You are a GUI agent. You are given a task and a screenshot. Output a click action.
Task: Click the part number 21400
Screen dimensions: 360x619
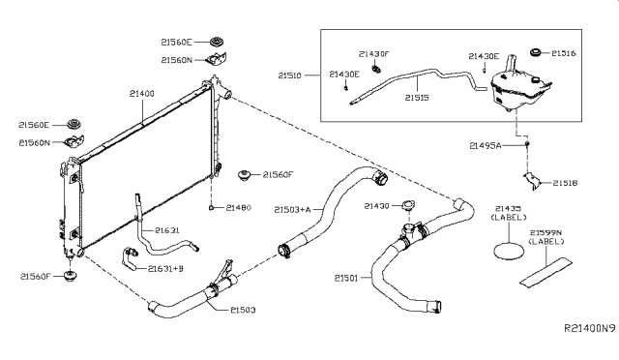pyautogui.click(x=141, y=93)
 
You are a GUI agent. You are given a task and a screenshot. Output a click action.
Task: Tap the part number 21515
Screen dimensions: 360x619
pyautogui.click(x=417, y=97)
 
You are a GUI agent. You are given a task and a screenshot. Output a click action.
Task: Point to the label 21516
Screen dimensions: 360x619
pyautogui.click(x=565, y=53)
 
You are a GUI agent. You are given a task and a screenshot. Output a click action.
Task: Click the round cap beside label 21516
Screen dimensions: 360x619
pyautogui.click(x=535, y=51)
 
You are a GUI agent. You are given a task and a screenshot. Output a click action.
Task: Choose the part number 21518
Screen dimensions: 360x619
pyautogui.click(x=565, y=182)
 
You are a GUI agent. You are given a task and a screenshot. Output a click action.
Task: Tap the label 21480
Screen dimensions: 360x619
pyautogui.click(x=238, y=207)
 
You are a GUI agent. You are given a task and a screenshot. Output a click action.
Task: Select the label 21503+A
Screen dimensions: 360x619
pyautogui.click(x=292, y=209)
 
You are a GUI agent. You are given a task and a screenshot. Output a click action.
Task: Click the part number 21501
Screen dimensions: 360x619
pyautogui.click(x=347, y=279)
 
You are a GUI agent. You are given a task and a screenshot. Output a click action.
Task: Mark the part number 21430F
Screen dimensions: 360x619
pyautogui.click(x=372, y=54)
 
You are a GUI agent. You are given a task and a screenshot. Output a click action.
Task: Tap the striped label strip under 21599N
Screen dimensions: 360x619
pyautogui.click(x=545, y=276)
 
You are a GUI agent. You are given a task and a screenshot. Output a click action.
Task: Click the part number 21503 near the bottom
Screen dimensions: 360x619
pyautogui.click(x=243, y=310)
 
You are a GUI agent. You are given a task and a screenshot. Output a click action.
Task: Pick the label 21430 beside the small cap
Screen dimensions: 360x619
pyautogui.click(x=377, y=206)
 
